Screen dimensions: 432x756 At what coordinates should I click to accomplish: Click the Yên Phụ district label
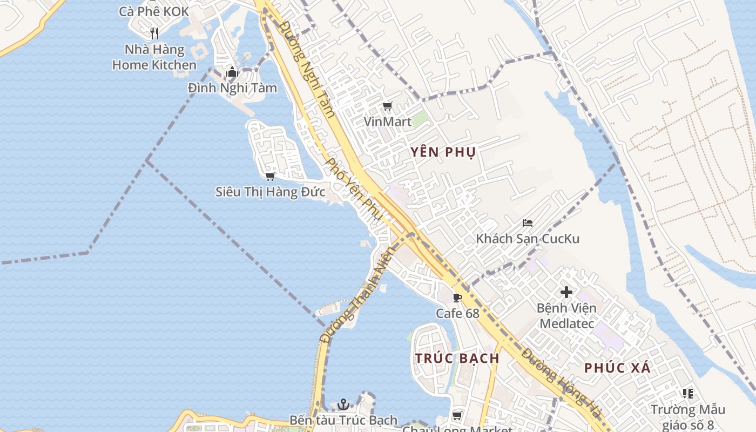pos(442,152)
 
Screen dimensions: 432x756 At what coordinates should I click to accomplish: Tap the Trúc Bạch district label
pos(457,358)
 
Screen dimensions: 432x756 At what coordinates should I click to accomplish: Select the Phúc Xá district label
pos(617,368)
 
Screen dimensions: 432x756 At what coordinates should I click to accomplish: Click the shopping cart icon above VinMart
pos(387,106)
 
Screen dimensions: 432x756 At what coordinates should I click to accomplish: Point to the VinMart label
pos(387,122)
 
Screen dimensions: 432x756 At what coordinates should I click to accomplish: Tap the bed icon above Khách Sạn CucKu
pos(528,223)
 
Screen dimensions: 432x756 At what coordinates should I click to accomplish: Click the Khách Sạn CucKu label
pos(527,238)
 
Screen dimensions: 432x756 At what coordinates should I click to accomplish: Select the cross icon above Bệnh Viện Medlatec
pos(566,293)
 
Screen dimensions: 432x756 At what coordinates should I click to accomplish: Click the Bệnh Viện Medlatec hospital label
pos(566,316)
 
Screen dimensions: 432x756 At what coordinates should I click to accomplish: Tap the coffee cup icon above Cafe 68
pos(457,298)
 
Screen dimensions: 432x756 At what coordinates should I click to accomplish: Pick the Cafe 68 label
pos(457,313)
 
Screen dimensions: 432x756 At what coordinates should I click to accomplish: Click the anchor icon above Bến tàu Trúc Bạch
pos(343,404)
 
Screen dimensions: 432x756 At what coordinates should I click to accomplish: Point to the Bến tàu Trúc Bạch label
pos(343,420)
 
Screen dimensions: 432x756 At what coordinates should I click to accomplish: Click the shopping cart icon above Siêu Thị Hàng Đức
pos(270,176)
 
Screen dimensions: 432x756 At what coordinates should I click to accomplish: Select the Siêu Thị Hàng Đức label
pos(270,192)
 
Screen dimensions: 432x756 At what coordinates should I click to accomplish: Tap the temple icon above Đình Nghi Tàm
pos(232,72)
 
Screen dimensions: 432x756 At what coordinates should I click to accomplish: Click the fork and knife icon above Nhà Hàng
pos(154,33)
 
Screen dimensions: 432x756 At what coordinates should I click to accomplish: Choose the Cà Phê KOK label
pos(154,11)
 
